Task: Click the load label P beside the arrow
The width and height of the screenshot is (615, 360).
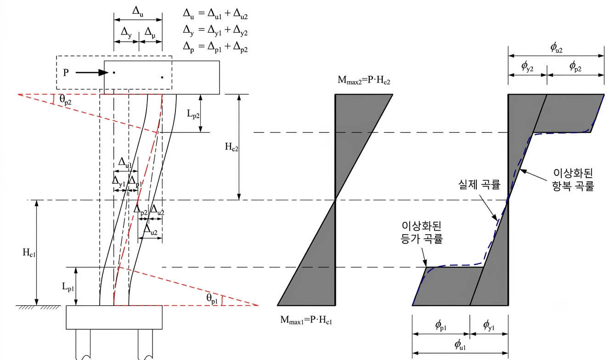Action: [66, 73]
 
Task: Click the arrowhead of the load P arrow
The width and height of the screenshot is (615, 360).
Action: [103, 73]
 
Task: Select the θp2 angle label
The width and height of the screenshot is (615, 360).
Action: [65, 100]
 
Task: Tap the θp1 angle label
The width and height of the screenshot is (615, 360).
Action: [212, 298]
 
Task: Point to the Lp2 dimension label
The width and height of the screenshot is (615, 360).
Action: [193, 113]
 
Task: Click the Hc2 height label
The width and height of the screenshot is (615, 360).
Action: [231, 147]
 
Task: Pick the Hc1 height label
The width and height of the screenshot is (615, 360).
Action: [29, 253]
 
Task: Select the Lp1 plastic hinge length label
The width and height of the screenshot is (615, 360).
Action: [68, 287]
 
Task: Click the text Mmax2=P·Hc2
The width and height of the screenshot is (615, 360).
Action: [364, 80]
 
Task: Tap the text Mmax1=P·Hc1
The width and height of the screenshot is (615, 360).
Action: [306, 320]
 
